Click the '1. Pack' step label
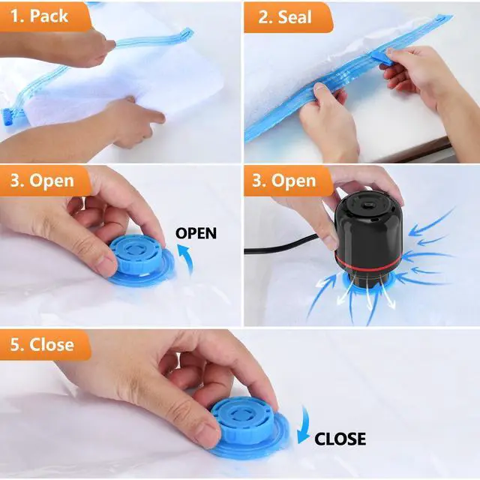pyautogui.click(x=39, y=16)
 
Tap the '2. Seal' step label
pyautogui.click(x=285, y=16)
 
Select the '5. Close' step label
pyautogui.click(x=42, y=345)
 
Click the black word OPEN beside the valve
pyautogui.click(x=196, y=233)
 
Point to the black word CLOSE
pyautogui.click(x=340, y=439)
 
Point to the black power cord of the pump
pyautogui.click(x=282, y=247)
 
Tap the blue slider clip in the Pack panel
pyautogui.click(x=8, y=118)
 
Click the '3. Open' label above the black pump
pyautogui.click(x=284, y=181)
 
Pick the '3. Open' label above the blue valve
pyautogui.click(x=42, y=181)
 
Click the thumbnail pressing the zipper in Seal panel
pyautogui.click(x=321, y=87)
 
